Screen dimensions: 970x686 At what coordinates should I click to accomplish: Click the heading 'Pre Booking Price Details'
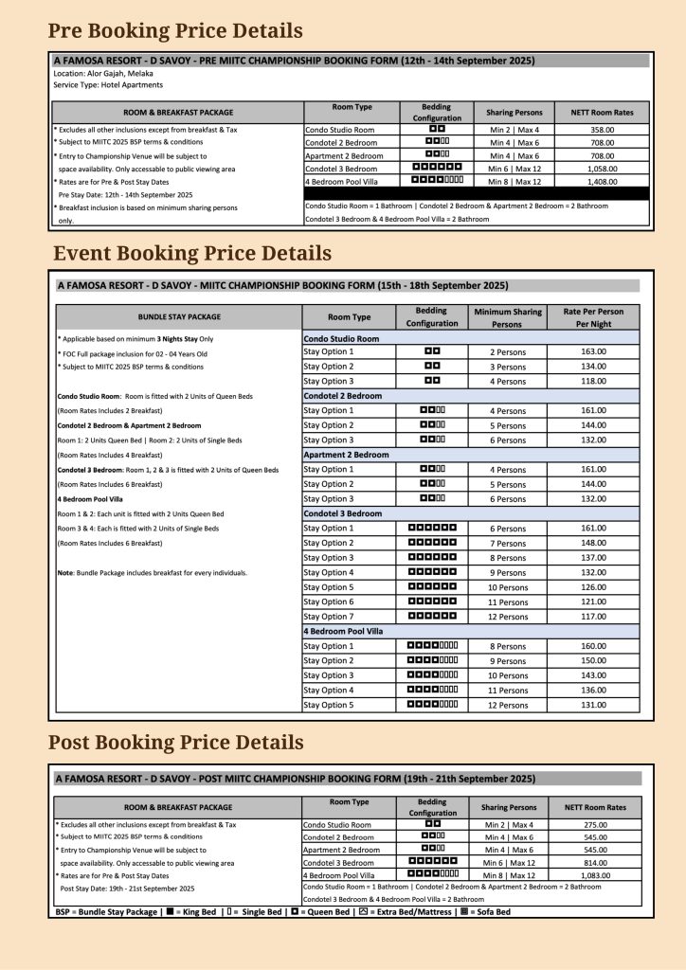click(175, 30)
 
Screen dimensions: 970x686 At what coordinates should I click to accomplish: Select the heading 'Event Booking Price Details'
click(192, 253)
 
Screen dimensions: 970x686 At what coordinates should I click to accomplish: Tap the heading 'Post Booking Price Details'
click(175, 742)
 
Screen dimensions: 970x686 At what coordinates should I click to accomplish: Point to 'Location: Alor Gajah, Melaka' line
click(101, 73)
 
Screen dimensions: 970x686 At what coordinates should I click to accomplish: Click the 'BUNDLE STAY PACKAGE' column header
click(178, 316)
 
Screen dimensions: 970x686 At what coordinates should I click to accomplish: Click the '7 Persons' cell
click(507, 544)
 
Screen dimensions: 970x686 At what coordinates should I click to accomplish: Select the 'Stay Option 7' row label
click(328, 617)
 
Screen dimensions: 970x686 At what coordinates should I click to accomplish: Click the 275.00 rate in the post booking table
click(596, 825)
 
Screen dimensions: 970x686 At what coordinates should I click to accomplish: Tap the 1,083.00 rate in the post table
click(596, 876)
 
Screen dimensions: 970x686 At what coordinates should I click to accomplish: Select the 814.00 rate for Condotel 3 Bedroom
click(596, 863)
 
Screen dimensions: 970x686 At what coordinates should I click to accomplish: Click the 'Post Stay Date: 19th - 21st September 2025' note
click(127, 889)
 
